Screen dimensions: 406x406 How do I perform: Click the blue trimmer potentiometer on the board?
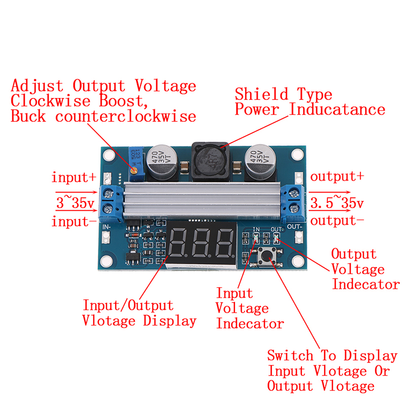[134, 161]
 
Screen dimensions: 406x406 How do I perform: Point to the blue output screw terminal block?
[295, 201]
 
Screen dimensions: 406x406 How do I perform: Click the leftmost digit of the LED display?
[181, 244]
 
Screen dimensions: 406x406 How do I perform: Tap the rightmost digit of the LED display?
[224, 244]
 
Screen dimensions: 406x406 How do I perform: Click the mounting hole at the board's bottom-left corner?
[106, 262]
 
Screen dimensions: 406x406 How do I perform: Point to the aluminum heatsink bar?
[203, 201]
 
